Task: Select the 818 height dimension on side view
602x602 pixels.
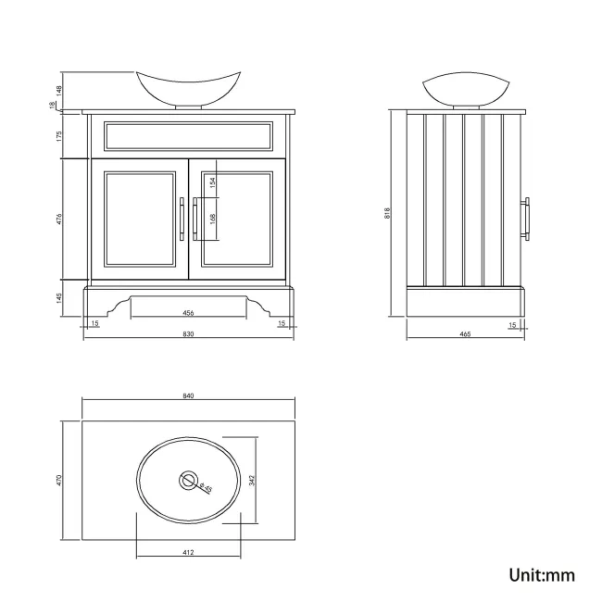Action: pyautogui.click(x=388, y=212)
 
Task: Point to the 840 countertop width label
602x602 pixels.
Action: pyautogui.click(x=188, y=395)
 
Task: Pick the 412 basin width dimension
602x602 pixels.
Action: pyautogui.click(x=188, y=553)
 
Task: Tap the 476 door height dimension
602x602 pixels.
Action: pyautogui.click(x=59, y=219)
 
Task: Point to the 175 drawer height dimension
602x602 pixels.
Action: pyautogui.click(x=59, y=135)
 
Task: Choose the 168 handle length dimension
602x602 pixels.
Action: pyautogui.click(x=213, y=219)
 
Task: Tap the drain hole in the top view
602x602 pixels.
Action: pyautogui.click(x=188, y=480)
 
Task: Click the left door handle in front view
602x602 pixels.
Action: pyautogui.click(x=182, y=219)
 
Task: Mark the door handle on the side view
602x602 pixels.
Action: pyautogui.click(x=527, y=219)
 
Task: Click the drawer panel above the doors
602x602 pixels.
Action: pyautogui.click(x=188, y=136)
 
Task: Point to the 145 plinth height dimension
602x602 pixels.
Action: pyautogui.click(x=59, y=298)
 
